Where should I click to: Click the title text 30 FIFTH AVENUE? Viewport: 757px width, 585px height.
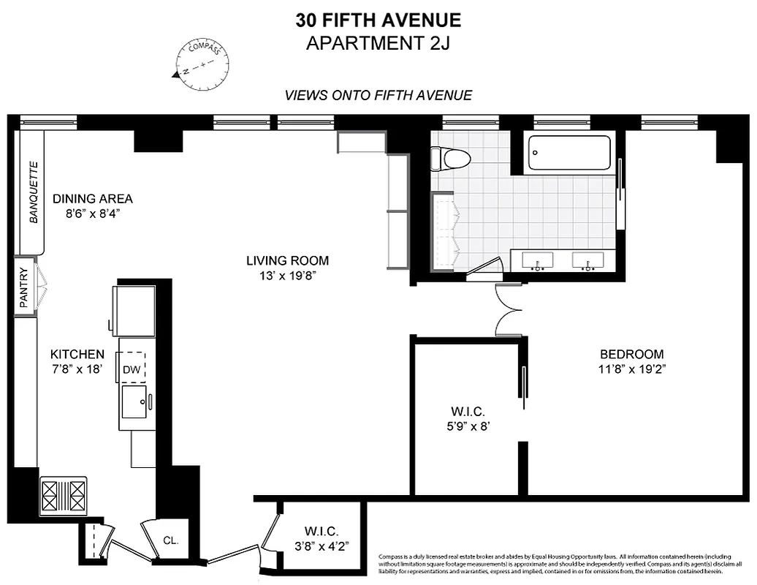click(x=378, y=20)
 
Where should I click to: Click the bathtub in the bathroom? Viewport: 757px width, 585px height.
click(x=569, y=153)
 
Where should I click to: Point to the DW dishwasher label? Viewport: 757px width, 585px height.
click(x=132, y=369)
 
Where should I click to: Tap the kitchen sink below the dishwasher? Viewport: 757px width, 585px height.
click(x=134, y=402)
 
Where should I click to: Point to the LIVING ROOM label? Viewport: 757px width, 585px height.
click(x=287, y=260)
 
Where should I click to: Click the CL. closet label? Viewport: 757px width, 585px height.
click(x=171, y=541)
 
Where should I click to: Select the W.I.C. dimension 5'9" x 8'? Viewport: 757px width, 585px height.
click(x=468, y=426)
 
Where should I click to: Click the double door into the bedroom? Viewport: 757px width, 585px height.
click(x=507, y=309)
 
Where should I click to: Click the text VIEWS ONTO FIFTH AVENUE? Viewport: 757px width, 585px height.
click(x=378, y=95)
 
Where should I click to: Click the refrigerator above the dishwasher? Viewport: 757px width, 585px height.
click(x=134, y=310)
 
